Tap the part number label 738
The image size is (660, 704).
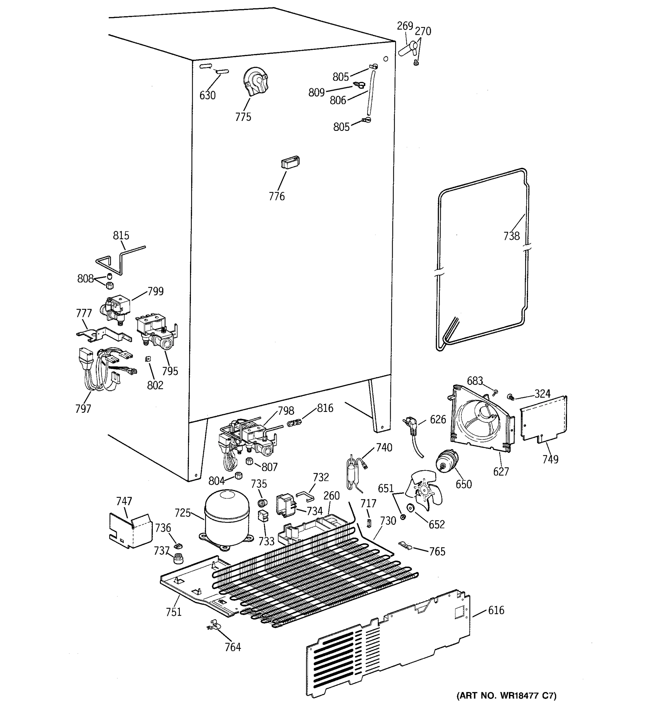511,236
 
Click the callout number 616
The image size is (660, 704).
496,610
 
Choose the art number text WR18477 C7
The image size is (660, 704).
506,695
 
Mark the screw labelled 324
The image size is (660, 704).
511,397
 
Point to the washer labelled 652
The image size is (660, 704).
411,508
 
